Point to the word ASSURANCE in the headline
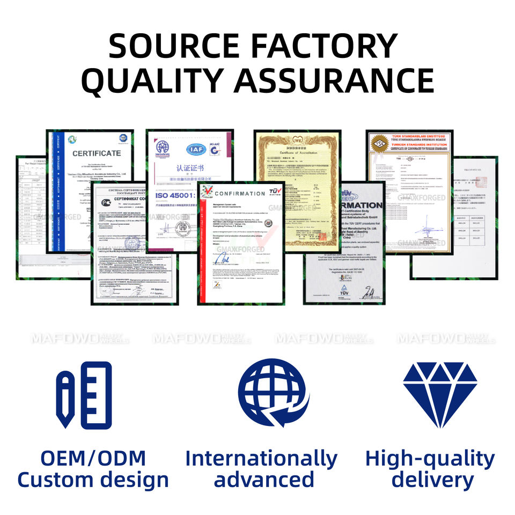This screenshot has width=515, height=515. coord(334,80)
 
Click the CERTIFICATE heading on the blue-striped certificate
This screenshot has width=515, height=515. coord(97,153)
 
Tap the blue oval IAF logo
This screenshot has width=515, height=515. coord(195,149)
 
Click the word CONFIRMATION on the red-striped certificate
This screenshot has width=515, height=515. coord(239,194)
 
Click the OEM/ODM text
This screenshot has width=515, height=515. coord(93,459)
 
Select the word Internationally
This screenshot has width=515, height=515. coord(261,459)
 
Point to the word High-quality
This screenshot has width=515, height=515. coord(429,459)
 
